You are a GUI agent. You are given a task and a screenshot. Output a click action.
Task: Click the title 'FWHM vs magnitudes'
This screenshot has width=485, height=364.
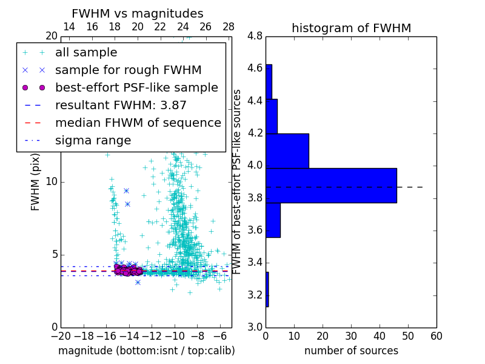coord(138,13)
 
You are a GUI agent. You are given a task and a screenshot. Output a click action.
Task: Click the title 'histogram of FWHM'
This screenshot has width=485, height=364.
coord(351,28)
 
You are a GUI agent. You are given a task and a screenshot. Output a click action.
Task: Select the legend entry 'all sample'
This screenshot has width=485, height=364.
coord(86,53)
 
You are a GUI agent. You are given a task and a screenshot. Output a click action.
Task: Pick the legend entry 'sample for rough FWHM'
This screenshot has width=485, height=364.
coord(128,70)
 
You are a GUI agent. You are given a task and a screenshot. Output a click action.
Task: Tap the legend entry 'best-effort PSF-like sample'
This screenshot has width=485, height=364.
coord(136,88)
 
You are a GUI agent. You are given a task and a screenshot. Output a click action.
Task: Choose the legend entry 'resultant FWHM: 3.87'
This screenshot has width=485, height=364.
coord(121,106)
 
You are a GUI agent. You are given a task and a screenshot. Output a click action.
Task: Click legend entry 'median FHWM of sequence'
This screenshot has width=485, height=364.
coord(138,123)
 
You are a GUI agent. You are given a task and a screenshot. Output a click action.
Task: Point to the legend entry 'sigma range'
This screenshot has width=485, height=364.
coord(93,141)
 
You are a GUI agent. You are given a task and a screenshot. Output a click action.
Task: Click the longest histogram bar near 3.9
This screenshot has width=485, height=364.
coord(331,185)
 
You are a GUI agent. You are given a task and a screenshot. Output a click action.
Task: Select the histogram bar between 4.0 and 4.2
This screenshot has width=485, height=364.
coord(287,150)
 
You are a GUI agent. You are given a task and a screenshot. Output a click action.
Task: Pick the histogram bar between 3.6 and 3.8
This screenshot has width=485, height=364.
coord(273,220)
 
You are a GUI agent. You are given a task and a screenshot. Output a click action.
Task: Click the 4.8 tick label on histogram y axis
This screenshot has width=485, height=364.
coord(255,36)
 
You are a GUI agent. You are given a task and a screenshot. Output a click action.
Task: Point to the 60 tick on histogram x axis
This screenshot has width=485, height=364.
coord(436,336)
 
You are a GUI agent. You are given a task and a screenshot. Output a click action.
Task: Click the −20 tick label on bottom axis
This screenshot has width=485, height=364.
coord(61,336)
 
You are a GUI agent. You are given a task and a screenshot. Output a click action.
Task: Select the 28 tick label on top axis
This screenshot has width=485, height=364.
coord(229,27)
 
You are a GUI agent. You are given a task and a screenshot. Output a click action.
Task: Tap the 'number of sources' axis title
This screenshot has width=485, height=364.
coord(351,351)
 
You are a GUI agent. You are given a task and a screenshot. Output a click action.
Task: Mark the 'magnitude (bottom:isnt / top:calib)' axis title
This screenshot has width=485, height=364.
coord(146,351)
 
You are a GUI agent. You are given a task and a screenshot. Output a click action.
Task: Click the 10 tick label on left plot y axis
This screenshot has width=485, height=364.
coord(52,182)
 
